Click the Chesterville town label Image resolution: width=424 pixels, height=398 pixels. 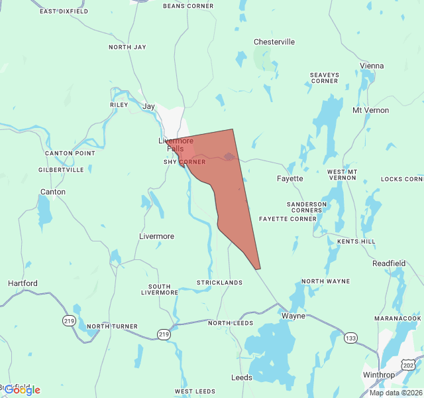point(274,42)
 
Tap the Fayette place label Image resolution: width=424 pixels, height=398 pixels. point(290,178)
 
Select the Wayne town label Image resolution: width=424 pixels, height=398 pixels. point(293,316)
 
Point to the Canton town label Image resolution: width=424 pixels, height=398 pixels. point(53,192)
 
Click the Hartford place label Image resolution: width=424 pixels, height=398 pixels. point(23,283)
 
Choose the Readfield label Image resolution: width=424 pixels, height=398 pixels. point(389,263)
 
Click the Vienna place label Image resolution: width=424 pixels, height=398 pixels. point(372,66)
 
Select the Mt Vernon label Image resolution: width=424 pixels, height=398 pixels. point(371,110)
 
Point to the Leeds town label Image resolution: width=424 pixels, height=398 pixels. point(241,377)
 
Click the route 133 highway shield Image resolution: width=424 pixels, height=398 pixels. point(350,338)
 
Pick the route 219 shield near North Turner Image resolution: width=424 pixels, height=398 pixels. point(163,333)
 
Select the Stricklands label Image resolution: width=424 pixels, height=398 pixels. point(219,283)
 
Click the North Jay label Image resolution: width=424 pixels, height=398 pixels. point(127,47)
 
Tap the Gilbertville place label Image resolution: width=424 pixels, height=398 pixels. point(62,170)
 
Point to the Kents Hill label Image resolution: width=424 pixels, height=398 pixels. point(356,241)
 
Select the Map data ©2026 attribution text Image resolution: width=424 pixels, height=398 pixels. point(395,393)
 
